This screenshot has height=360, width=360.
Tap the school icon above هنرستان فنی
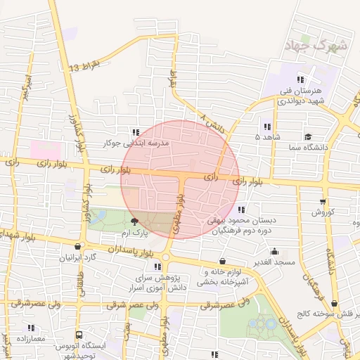(x=301, y=79)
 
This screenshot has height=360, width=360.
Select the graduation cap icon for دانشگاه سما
(x=308, y=136)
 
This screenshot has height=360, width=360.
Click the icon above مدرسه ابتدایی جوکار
(x=136, y=131)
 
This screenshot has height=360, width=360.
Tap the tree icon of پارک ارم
(x=136, y=221)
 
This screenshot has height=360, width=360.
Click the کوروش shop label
(x=326, y=212)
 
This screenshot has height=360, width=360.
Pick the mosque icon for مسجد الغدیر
(x=274, y=251)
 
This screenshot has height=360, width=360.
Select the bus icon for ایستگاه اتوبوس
(x=79, y=335)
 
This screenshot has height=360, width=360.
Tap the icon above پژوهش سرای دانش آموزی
(x=157, y=266)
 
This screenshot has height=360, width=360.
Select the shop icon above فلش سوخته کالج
(x=335, y=303)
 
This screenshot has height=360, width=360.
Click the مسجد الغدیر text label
(x=274, y=262)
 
